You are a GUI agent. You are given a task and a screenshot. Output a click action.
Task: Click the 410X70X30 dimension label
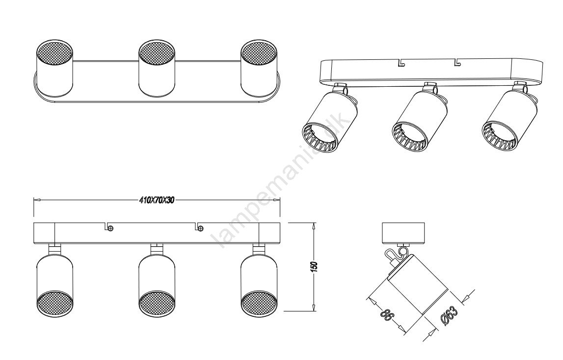click(156, 200)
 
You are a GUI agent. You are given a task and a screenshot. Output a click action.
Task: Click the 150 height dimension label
click(315, 267)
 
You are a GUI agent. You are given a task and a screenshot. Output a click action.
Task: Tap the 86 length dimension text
click(387, 316)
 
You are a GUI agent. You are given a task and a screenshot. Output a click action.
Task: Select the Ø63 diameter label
click(449, 315)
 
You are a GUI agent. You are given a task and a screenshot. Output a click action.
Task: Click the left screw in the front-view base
click(110, 228)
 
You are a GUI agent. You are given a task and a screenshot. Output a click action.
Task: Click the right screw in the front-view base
click(200, 228)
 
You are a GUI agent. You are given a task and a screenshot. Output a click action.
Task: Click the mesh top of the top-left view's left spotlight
click(54, 52)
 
